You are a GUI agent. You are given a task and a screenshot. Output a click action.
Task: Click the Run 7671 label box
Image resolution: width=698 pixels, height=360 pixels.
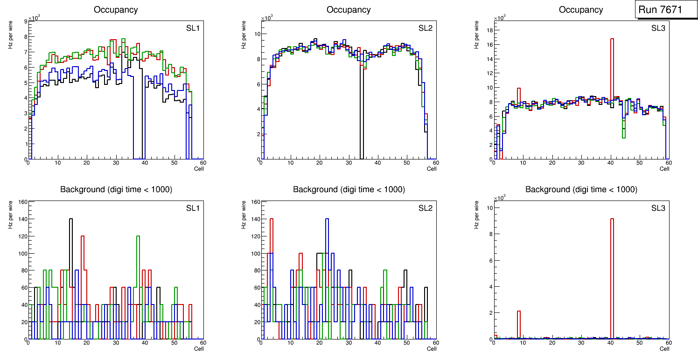pyautogui.click(x=663, y=10)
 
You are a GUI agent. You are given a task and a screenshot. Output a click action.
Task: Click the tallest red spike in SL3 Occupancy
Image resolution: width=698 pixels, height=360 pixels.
pyautogui.click(x=612, y=42)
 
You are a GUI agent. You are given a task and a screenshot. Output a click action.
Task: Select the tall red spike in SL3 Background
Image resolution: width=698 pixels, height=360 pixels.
pyautogui.click(x=612, y=222)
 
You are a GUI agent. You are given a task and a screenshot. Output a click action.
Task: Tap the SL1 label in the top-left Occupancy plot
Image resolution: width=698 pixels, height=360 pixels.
pyautogui.click(x=193, y=28)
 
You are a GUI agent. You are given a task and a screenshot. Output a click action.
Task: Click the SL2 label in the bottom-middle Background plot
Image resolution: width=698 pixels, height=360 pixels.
pyautogui.click(x=426, y=208)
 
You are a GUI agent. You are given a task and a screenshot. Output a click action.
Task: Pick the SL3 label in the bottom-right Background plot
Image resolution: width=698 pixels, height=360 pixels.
pyautogui.click(x=658, y=208)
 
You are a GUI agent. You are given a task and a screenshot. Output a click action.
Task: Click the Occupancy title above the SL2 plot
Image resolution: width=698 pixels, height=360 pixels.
pyautogui.click(x=349, y=10)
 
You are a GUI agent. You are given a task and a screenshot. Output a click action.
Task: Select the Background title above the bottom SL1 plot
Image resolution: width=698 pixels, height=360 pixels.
pyautogui.click(x=116, y=189)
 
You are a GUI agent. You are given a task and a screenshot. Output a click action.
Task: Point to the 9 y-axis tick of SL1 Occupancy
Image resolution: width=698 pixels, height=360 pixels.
pyautogui.click(x=25, y=21)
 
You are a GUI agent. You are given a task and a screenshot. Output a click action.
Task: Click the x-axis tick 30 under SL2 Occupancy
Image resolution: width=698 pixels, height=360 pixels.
pyautogui.click(x=348, y=163)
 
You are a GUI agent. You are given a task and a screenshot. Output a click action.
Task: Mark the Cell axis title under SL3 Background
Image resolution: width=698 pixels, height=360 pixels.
pyautogui.click(x=664, y=348)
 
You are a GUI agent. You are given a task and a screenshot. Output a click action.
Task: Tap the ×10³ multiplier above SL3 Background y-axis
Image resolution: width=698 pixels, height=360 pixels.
pyautogui.click(x=501, y=198)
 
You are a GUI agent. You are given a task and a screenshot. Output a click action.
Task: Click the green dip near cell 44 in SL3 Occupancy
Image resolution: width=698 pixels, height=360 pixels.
pyautogui.click(x=623, y=137)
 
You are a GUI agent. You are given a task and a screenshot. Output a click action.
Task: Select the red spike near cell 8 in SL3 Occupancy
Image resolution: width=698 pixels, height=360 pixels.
pyautogui.click(x=519, y=89)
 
